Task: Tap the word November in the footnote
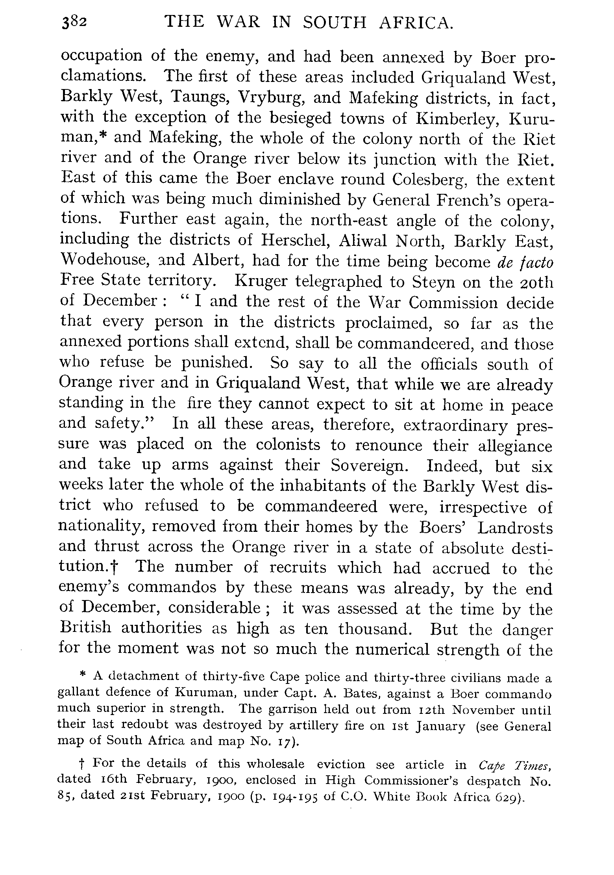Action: (483, 710)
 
